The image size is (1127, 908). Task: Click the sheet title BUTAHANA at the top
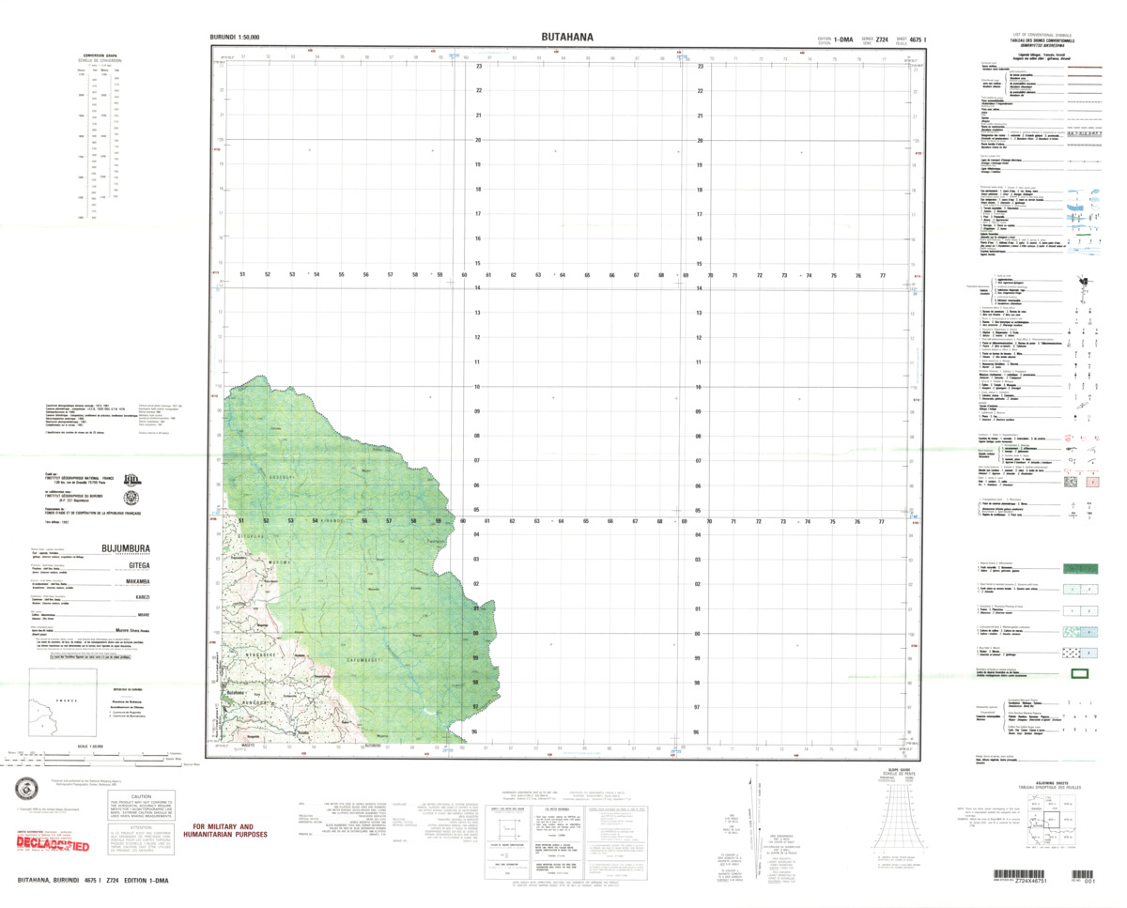566,37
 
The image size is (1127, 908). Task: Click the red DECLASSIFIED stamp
54,846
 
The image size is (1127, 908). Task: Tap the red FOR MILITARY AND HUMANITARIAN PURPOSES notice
224,831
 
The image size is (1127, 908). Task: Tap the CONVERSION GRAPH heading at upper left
99,55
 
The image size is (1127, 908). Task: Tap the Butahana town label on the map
238,692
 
